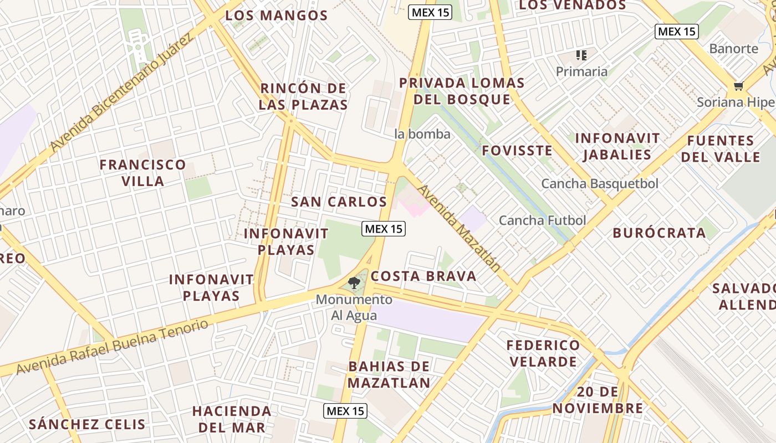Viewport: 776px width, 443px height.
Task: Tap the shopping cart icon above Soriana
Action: (738, 86)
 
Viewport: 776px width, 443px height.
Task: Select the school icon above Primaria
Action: (581, 55)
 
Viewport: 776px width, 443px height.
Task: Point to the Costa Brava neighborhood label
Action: (423, 276)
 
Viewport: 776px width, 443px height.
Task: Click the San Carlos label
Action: (339, 202)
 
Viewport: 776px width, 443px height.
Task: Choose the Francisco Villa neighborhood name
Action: (142, 173)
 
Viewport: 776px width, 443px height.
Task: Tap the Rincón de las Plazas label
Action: (303, 96)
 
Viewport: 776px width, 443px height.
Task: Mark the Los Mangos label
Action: (277, 16)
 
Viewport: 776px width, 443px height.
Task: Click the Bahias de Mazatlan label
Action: (389, 374)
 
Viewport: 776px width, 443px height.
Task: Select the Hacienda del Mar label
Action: (232, 419)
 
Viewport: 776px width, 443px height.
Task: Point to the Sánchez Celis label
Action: (87, 425)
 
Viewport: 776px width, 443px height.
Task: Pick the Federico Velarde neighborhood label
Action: (543, 353)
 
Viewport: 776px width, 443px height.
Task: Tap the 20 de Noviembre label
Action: (598, 400)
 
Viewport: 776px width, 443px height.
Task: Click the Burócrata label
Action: (659, 233)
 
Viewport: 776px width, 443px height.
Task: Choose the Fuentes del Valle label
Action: (721, 149)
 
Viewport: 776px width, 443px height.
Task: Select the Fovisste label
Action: (517, 151)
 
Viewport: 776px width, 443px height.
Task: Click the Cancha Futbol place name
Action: (542, 220)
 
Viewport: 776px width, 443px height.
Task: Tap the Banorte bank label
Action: (733, 49)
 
